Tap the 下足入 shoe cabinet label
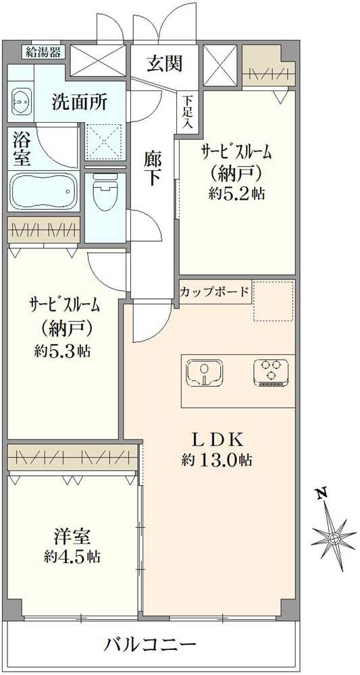pos(186,112)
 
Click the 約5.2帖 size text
pos(236,193)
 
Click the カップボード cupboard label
pos(215,292)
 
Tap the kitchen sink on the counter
pos(205,373)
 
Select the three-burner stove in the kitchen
pos(271,373)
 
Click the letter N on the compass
pos(324,495)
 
